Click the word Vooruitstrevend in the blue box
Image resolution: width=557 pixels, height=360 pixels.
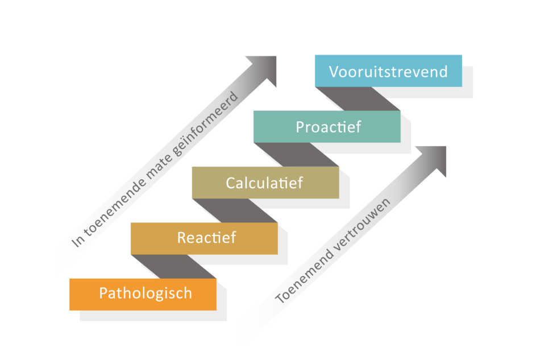click(388, 72)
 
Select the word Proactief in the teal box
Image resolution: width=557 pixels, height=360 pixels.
click(328, 127)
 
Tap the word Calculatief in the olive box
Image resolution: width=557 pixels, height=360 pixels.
click(264, 183)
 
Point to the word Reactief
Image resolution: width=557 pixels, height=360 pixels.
click(206, 237)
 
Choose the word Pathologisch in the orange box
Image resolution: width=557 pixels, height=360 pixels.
click(146, 293)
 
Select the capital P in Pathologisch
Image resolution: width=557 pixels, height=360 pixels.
click(103, 293)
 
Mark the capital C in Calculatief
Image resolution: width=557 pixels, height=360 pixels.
click(231, 183)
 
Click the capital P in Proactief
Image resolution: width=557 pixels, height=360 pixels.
click(300, 127)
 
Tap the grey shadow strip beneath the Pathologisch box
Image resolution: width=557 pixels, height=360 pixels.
click(153, 316)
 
